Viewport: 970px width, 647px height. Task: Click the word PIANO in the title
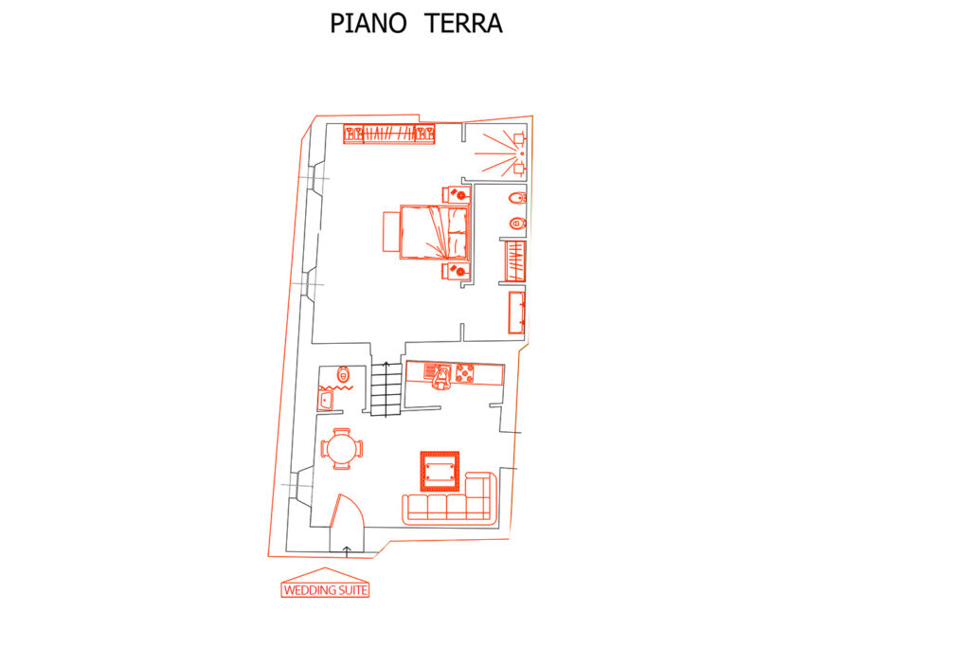tap(368, 24)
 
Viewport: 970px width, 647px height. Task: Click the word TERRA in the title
tap(463, 24)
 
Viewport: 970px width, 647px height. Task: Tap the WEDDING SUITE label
tap(326, 590)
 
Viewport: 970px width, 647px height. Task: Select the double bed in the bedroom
tap(435, 232)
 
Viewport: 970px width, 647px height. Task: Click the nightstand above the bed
tap(456, 194)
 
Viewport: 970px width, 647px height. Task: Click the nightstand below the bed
tap(456, 270)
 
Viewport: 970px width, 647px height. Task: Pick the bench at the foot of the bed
tap(391, 232)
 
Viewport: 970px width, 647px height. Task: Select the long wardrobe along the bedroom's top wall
tap(389, 134)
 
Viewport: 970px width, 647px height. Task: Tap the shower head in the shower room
tap(522, 153)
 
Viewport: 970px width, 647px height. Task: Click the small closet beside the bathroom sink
tap(515, 262)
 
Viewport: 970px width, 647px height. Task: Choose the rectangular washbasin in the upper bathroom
tap(516, 313)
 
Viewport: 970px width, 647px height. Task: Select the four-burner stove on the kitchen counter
tap(464, 373)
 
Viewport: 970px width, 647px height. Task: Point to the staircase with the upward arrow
tap(386, 389)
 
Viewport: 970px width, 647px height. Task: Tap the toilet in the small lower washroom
tap(343, 373)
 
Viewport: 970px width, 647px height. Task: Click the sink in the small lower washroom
tap(326, 400)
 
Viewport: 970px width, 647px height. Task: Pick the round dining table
tap(341, 449)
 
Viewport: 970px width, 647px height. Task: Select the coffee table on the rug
tap(440, 472)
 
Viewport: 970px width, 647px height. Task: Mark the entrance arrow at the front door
tap(347, 551)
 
